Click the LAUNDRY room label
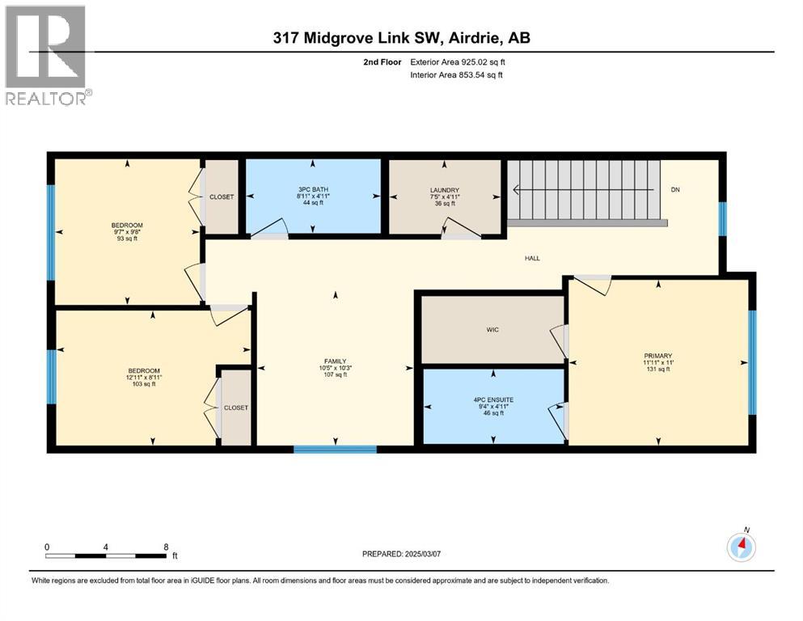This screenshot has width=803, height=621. click(445, 190)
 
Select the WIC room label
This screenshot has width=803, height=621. click(493, 330)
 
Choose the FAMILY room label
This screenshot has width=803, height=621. click(335, 361)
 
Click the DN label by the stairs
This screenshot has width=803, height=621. click(675, 190)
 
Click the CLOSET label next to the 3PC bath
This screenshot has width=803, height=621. click(222, 196)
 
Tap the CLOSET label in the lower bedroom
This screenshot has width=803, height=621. click(236, 408)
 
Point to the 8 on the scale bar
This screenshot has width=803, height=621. click(166, 547)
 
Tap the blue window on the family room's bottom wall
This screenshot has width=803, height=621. click(335, 448)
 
